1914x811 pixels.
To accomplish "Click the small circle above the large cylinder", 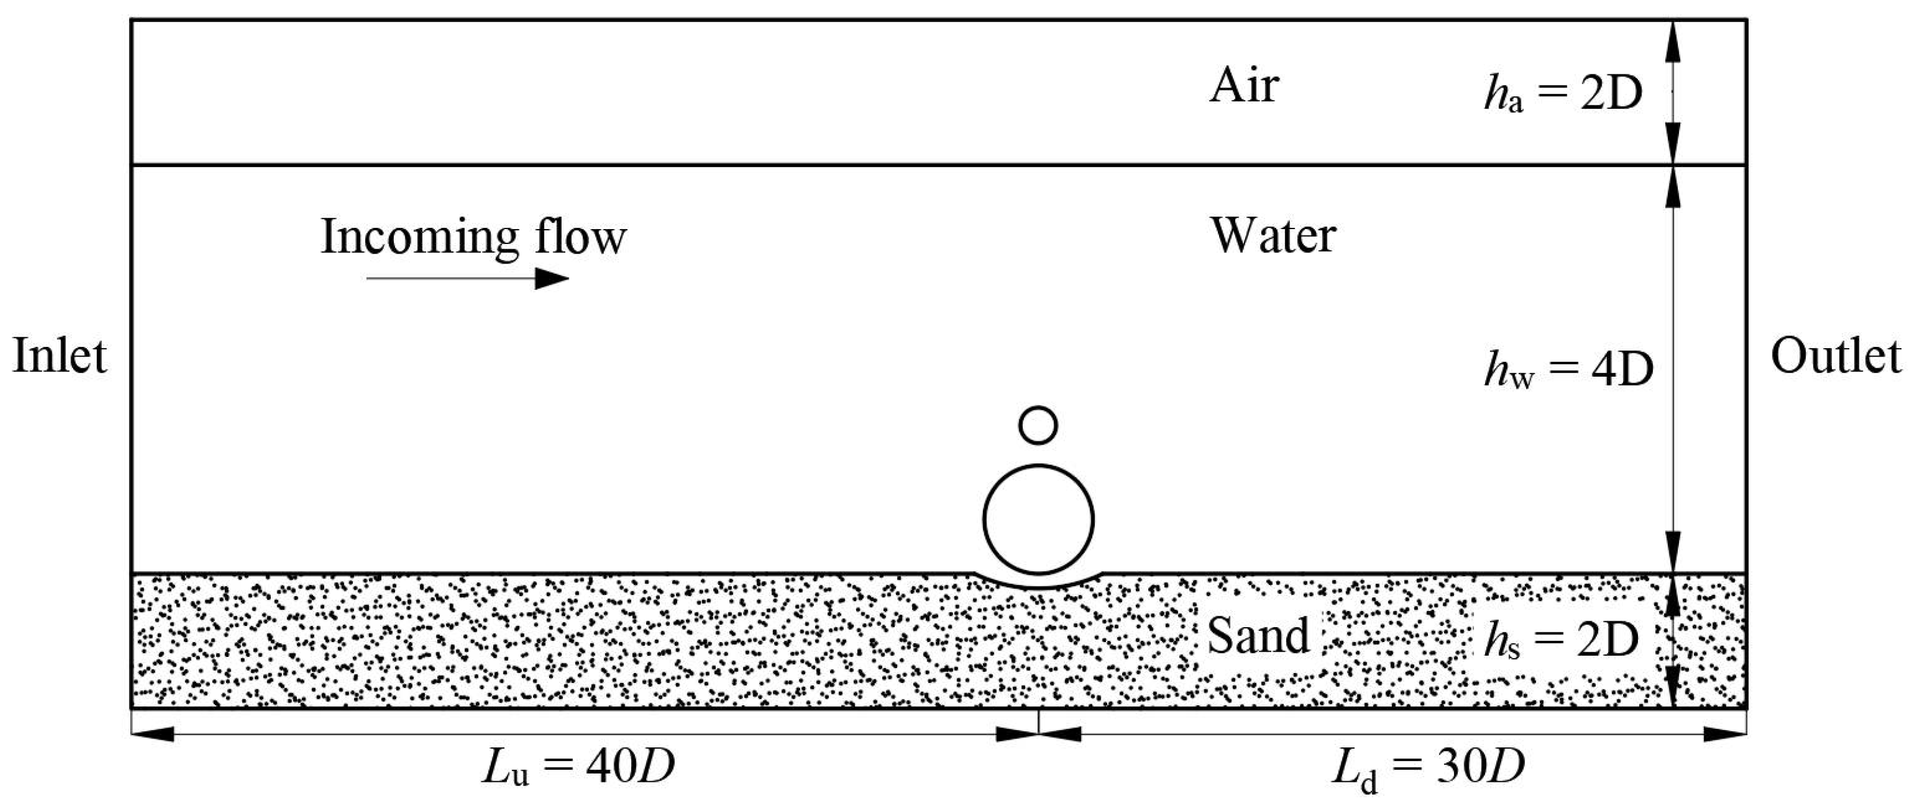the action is (x=1038, y=425).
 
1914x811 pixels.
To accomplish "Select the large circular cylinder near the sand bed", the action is (x=1038, y=519).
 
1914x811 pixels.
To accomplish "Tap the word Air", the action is (x=1244, y=86).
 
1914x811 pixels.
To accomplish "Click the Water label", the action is (x=1274, y=236).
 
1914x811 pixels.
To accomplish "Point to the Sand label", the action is (x=1258, y=636).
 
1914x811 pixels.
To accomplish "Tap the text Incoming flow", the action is (x=474, y=238).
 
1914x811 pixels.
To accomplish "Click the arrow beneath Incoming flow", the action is (x=468, y=278).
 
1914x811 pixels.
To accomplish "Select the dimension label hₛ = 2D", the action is (x=1561, y=639).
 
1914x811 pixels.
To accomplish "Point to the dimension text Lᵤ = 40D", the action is (x=579, y=767).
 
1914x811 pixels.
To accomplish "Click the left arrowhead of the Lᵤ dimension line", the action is (x=152, y=734).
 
